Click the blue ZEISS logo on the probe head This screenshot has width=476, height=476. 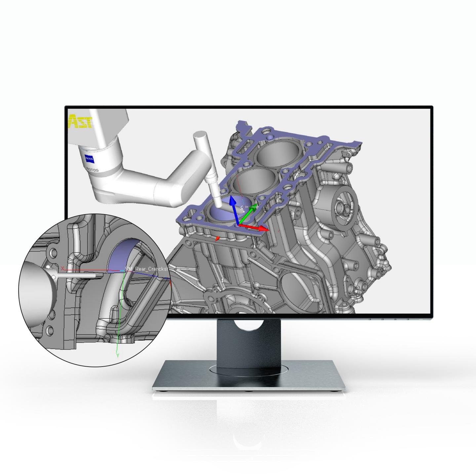tap(90, 159)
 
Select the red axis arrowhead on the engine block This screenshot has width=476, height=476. tap(263, 229)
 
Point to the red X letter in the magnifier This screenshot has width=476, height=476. tap(62, 268)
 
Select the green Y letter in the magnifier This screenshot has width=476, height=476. tap(118, 355)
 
